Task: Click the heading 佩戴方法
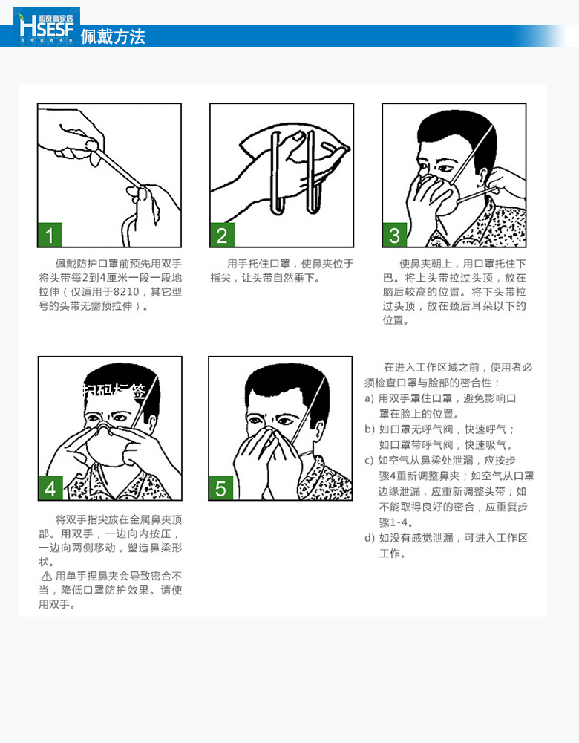point(113,36)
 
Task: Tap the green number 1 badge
point(50,236)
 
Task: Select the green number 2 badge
point(222,236)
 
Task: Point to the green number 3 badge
point(394,236)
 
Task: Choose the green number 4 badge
point(50,488)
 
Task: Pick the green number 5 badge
point(220,488)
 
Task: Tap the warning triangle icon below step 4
point(46,576)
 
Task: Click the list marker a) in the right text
point(369,399)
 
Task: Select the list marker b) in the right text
point(369,429)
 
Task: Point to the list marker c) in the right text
point(369,461)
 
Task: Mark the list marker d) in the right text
point(369,538)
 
